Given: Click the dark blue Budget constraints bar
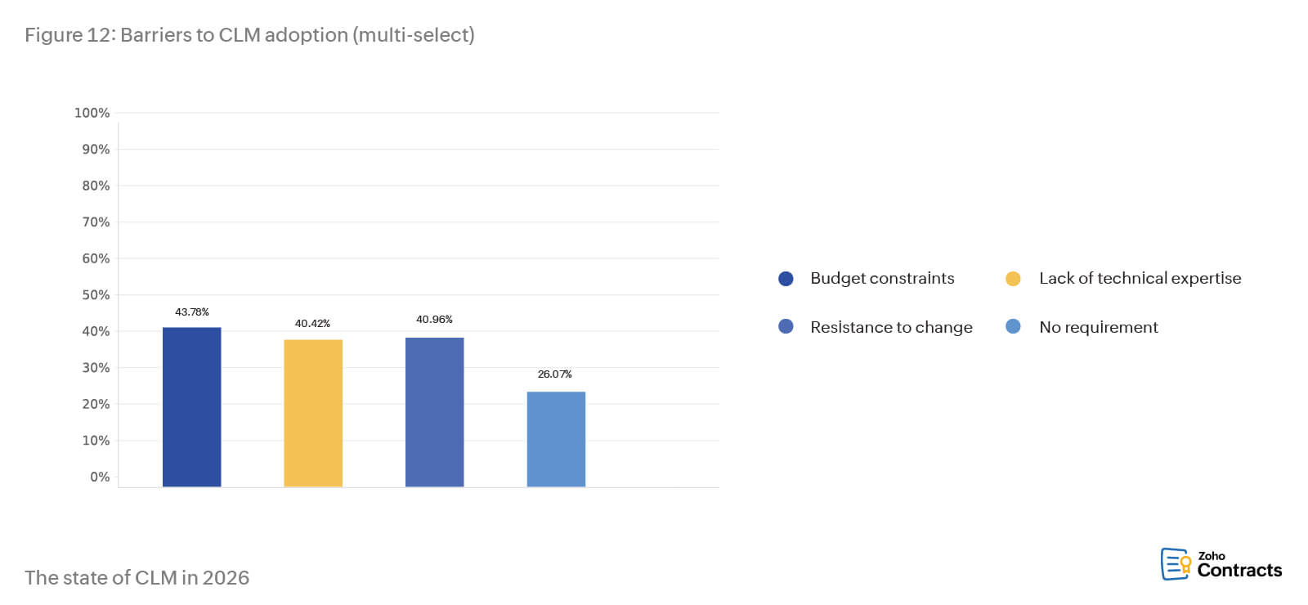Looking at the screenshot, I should click(191, 406).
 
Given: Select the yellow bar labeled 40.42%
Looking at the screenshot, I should click(313, 413).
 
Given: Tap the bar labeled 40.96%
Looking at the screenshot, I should click(434, 412).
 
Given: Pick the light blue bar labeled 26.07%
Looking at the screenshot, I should click(556, 439).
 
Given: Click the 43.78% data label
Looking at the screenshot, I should click(192, 312).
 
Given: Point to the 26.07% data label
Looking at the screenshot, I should click(554, 374).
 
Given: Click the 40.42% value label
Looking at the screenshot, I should click(312, 324).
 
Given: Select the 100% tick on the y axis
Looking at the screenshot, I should click(92, 113).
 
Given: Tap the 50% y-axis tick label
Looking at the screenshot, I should click(95, 295).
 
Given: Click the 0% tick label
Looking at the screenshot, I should click(99, 477).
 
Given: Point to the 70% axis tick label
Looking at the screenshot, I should click(95, 222).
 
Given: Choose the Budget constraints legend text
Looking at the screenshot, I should click(882, 279).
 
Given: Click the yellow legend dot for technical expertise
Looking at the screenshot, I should click(1013, 279).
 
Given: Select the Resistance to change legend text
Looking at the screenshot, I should click(891, 328).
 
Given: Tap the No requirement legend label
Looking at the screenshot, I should click(1098, 328).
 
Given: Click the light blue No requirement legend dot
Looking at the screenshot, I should click(1013, 327).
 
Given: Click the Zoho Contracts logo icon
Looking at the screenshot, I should click(1176, 564).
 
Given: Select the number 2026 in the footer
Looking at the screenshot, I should click(226, 578).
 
